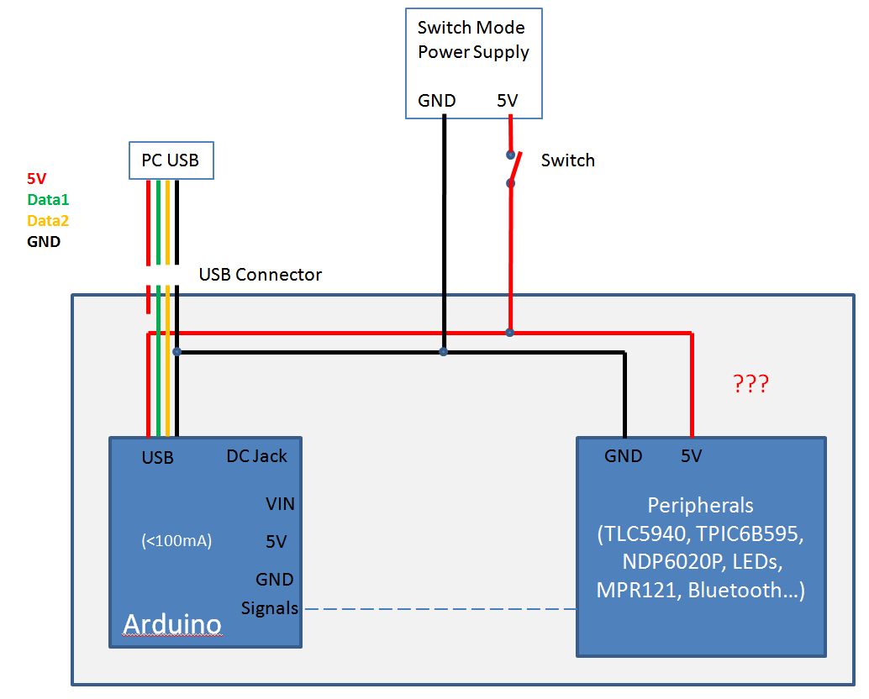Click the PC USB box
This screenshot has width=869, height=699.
click(x=171, y=160)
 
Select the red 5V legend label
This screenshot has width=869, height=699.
click(x=37, y=179)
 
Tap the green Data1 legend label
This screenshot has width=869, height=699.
click(x=48, y=200)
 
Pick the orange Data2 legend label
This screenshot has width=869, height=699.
click(x=48, y=221)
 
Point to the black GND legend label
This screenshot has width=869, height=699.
click(x=44, y=242)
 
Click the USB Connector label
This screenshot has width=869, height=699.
click(x=260, y=275)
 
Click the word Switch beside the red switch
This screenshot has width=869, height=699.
click(x=567, y=160)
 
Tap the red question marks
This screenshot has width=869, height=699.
click(x=750, y=385)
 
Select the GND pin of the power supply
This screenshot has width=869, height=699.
click(x=437, y=101)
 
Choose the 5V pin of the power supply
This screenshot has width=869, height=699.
click(x=508, y=101)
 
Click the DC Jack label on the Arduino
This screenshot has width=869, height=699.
click(x=256, y=456)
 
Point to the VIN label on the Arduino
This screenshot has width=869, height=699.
click(x=280, y=504)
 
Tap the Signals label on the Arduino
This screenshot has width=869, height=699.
click(x=270, y=608)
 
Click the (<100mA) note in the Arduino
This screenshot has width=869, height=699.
click(x=176, y=542)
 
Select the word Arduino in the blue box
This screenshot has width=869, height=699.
click(x=172, y=624)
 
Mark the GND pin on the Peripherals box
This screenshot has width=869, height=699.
click(x=623, y=456)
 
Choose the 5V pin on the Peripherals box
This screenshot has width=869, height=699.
click(x=691, y=456)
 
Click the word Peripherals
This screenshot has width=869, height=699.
click(x=700, y=506)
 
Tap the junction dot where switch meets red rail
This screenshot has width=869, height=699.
click(x=510, y=333)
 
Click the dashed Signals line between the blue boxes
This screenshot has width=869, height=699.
click(x=437, y=609)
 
